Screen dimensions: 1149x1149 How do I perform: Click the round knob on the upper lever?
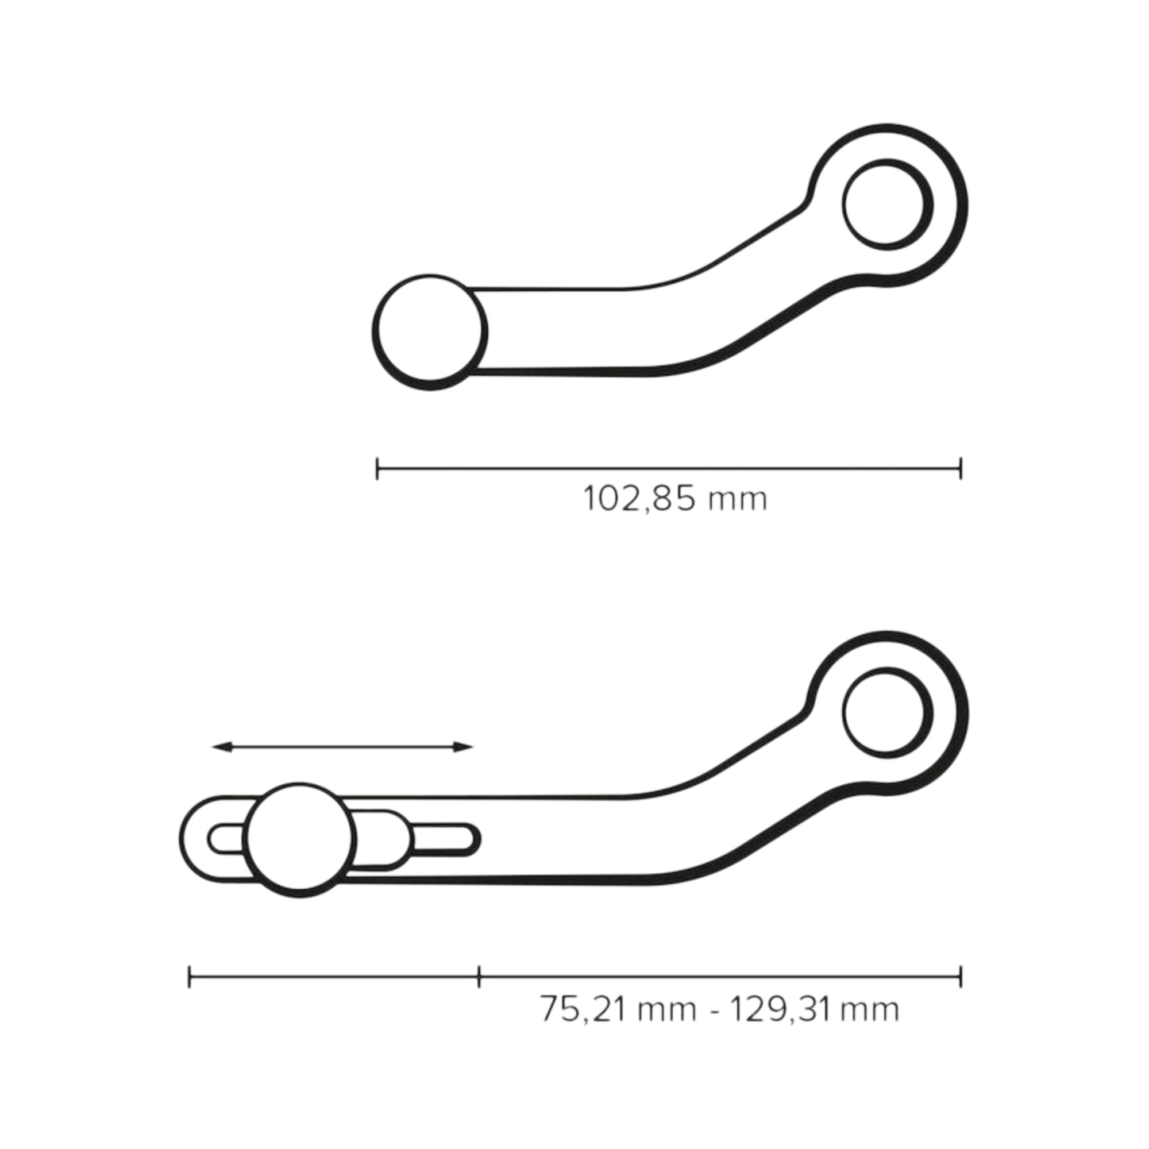pyautogui.click(x=430, y=332)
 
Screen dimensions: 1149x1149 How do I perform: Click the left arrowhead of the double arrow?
pyautogui.click(x=221, y=747)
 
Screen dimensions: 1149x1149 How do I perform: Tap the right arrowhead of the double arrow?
pyautogui.click(x=464, y=747)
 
